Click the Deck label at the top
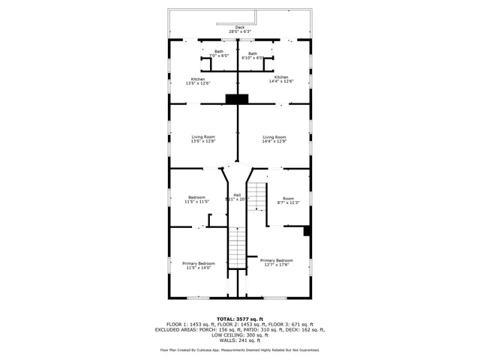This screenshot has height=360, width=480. tap(240, 29)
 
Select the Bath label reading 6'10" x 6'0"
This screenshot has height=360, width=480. tap(253, 55)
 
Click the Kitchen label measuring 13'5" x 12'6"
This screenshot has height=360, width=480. tap(198, 81)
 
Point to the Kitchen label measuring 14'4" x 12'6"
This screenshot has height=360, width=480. tap(281, 79)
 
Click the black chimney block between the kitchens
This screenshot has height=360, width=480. tap(237, 99)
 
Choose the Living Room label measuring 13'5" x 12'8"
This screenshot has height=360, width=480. tap(202, 139)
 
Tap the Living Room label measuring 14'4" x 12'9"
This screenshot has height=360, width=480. tap(274, 139)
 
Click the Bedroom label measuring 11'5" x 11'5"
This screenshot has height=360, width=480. tap(196, 199)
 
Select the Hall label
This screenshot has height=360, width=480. tap(237, 197)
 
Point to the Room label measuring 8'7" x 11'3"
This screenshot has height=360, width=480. tap(289, 200)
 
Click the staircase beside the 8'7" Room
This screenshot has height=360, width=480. tap(258, 196)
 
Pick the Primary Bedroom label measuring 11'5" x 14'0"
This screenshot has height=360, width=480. tap(199, 265)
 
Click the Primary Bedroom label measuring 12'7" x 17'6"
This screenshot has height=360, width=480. tap(277, 262)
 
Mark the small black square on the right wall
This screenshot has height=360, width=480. tap(307, 231)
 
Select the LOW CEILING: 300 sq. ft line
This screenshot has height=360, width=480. tap(240, 334)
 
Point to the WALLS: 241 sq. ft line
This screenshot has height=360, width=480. tap(240, 340)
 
